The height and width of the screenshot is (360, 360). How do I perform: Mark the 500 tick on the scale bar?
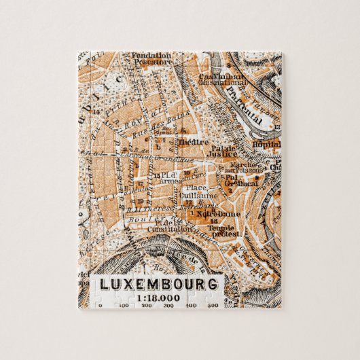point(212,306)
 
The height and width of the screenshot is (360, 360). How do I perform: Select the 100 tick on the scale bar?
point(123,306)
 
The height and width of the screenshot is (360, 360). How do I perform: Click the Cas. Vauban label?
point(215,77)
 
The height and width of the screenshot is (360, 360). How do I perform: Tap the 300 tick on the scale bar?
point(169,306)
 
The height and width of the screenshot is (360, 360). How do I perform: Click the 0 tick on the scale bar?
point(100,306)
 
